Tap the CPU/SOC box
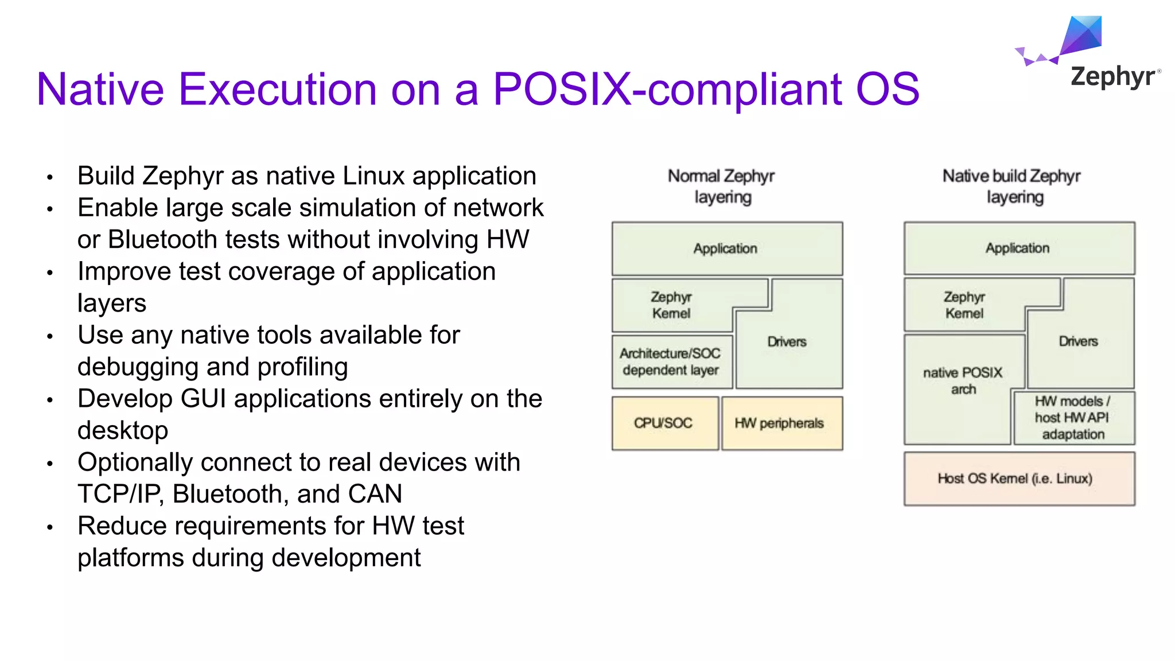664,423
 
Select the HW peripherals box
780,423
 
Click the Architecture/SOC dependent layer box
671,362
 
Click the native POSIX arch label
963,381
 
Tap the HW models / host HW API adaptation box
1072,418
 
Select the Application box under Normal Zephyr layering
726,248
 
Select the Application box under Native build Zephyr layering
1018,248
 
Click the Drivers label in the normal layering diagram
787,342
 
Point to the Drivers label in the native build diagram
1078,341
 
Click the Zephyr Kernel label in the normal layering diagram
671,305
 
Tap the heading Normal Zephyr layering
722,186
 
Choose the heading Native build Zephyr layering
1013,186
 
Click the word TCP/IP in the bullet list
119,494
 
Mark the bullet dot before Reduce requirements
50,527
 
